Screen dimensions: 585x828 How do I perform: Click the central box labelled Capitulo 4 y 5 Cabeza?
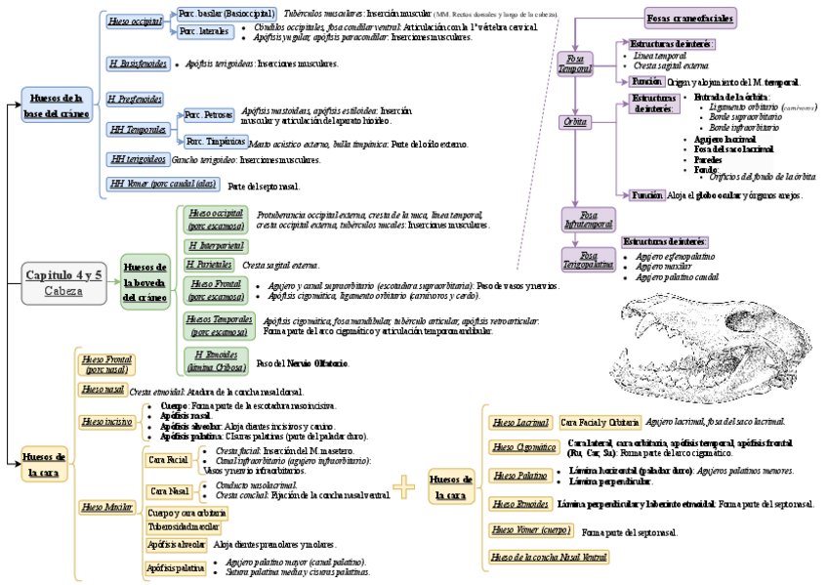coord(63,282)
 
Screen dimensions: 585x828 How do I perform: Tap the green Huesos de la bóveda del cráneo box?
coord(146,281)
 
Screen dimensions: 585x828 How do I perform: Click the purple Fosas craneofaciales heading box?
coord(690,17)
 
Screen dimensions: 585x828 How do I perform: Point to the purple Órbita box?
coord(575,122)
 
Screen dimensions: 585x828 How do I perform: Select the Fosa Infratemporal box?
coord(588,219)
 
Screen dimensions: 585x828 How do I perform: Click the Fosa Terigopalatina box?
coord(588,259)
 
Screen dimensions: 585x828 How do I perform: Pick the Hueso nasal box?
coord(103,389)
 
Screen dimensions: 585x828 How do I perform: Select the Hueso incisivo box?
coord(106,422)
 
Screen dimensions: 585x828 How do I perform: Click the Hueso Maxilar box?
coord(106,507)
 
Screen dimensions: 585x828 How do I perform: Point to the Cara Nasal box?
coord(169,490)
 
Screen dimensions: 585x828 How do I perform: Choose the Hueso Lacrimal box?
coord(519,423)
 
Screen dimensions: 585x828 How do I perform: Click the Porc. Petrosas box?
coord(209,115)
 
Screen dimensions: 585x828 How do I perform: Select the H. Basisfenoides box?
coord(137,63)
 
